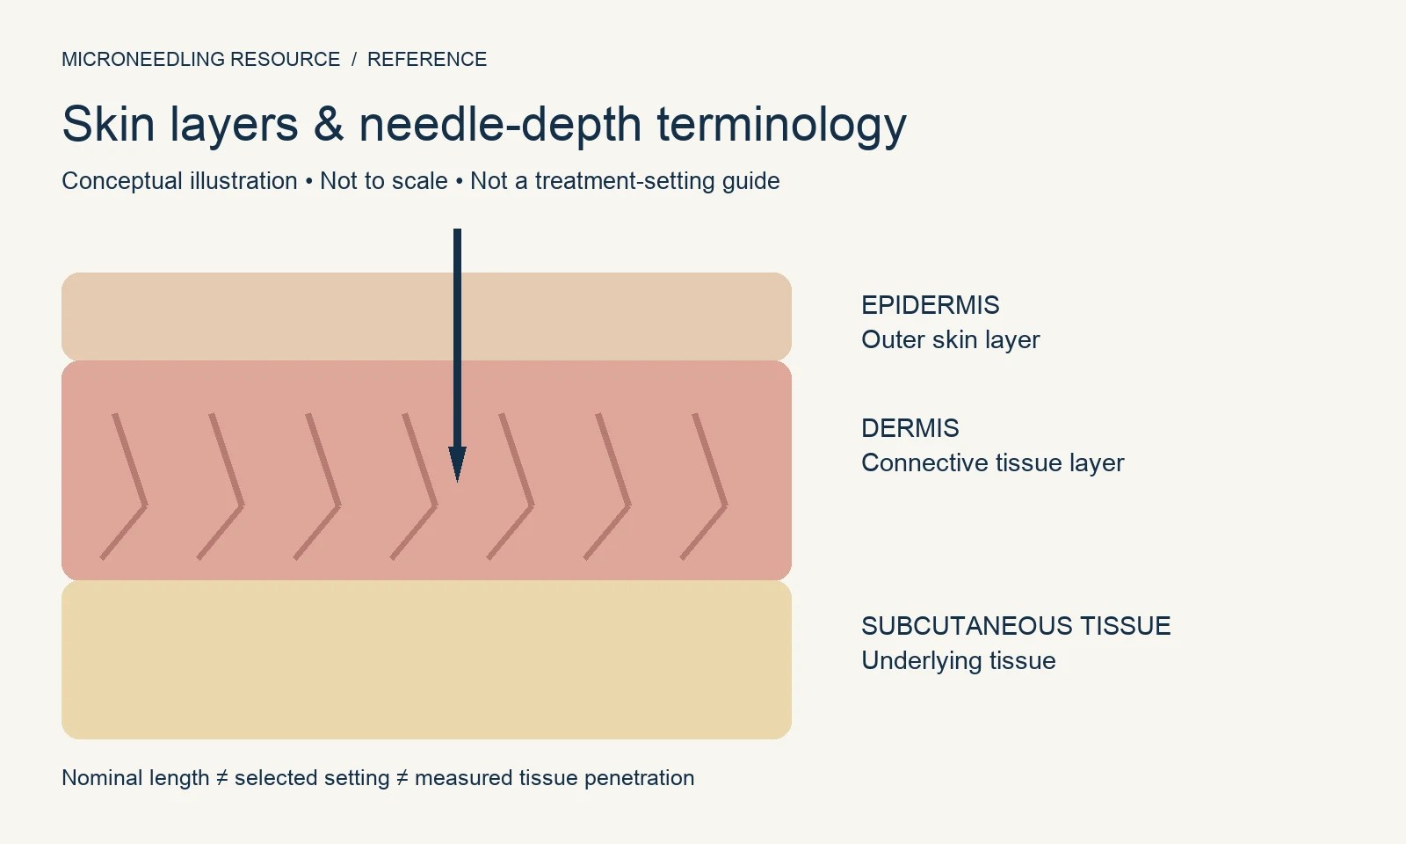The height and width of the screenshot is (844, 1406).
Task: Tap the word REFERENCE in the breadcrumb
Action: click(x=427, y=59)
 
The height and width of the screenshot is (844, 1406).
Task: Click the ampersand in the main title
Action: click(x=329, y=124)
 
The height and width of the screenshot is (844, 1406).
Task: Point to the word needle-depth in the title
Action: click(x=500, y=126)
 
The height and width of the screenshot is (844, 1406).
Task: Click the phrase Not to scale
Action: click(x=383, y=181)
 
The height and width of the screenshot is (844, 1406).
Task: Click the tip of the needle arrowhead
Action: click(x=458, y=482)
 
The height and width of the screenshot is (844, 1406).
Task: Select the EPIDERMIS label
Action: click(x=931, y=305)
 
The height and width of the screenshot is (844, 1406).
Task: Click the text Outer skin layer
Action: click(x=950, y=339)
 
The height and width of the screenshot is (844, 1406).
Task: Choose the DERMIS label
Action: click(x=910, y=428)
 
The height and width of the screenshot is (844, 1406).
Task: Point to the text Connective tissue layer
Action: click(x=992, y=462)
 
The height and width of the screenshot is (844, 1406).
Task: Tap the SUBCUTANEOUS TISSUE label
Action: click(x=1016, y=626)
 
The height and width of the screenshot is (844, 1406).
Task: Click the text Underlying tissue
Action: click(x=959, y=660)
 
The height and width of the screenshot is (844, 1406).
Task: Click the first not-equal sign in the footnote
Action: click(x=221, y=778)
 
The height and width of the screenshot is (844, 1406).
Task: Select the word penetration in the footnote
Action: click(x=639, y=778)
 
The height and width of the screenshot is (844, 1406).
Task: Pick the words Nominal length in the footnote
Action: click(x=135, y=778)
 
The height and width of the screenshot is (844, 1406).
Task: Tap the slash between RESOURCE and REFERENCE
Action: click(x=354, y=59)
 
